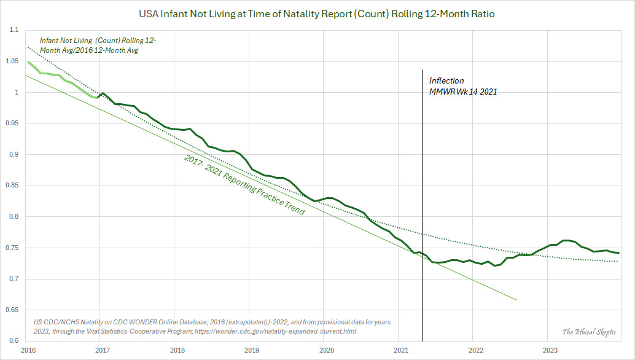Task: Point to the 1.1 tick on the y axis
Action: pos(14,30)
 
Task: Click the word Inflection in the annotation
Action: pos(446,80)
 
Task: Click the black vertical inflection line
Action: pos(423,184)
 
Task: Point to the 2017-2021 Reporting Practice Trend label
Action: pos(244,184)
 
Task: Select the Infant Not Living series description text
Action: pos(98,45)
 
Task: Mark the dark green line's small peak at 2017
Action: pos(102,93)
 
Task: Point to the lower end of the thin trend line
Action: pos(516,300)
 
